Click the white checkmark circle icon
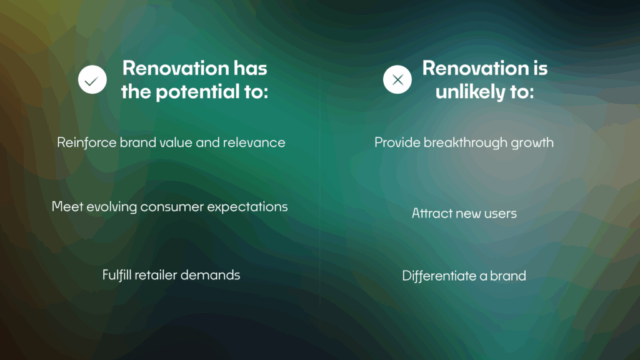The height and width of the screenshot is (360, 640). pyautogui.click(x=92, y=80)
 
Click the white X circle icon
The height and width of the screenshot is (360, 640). pyautogui.click(x=397, y=80)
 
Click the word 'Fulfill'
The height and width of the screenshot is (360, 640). pyautogui.click(x=119, y=274)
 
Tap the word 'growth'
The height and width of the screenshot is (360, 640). pyautogui.click(x=533, y=143)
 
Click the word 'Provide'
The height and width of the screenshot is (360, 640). pyautogui.click(x=397, y=142)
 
